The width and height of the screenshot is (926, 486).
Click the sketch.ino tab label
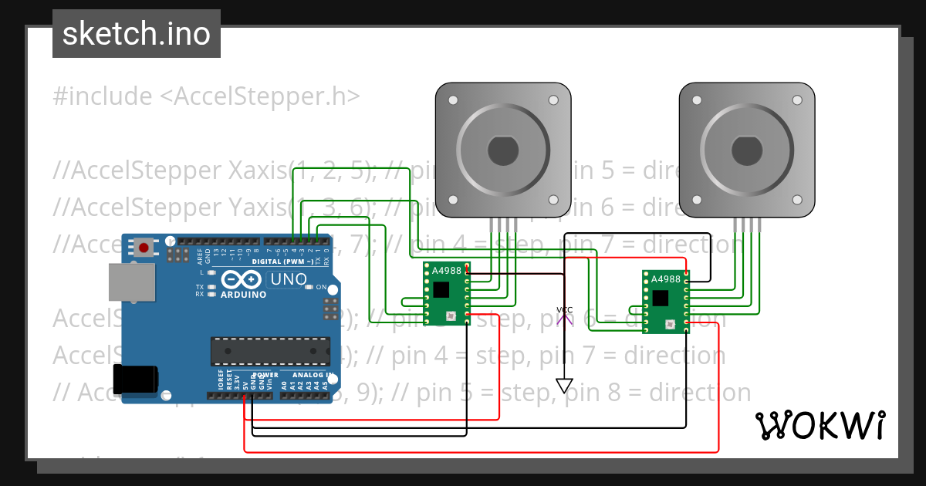136,34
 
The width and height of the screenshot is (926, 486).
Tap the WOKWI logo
820,425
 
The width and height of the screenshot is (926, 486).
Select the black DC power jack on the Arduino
135,380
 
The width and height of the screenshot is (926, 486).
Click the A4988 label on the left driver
447,271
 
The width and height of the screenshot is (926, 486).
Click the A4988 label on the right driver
666,279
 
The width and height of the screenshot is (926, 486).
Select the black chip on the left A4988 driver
441,289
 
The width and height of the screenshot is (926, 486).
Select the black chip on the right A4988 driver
660,298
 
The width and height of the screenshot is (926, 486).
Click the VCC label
565,310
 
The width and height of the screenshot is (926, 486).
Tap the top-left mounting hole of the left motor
453,100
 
